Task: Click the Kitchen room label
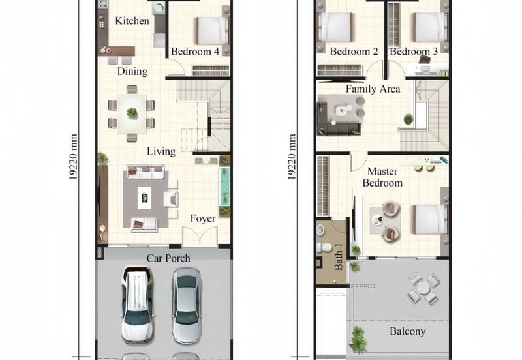click(132, 21)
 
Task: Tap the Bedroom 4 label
click(195, 52)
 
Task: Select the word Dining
click(132, 72)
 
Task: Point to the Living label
click(161, 151)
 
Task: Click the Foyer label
click(203, 218)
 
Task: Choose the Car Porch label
click(168, 258)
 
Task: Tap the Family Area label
click(373, 89)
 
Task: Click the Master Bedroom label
click(382, 177)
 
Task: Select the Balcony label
click(407, 331)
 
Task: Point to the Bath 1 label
click(338, 256)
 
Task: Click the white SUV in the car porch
click(137, 305)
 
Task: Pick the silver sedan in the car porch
click(187, 305)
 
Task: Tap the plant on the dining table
click(132, 113)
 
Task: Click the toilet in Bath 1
click(324, 247)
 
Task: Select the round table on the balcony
click(423, 288)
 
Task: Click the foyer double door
click(200, 236)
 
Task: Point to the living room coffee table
click(144, 198)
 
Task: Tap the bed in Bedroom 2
click(335, 27)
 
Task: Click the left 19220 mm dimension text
click(74, 157)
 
